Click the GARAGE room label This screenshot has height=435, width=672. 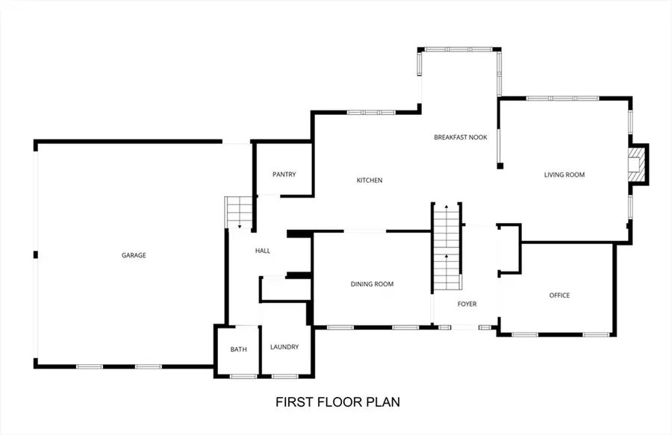[x=134, y=255]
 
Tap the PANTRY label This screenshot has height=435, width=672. [x=284, y=175]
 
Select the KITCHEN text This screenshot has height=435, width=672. [x=370, y=181]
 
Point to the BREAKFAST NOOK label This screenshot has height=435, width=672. [x=461, y=137]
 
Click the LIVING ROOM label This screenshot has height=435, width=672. [x=564, y=175]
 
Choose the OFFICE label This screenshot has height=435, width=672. [x=559, y=295]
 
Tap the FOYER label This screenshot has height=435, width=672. [x=467, y=304]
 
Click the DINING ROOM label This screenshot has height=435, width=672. [x=372, y=284]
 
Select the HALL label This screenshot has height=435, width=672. [x=262, y=251]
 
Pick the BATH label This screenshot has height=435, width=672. [x=238, y=349]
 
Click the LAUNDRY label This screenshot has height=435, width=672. [x=284, y=347]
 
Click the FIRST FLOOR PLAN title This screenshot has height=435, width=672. [x=337, y=402]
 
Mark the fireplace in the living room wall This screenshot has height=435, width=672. [x=636, y=163]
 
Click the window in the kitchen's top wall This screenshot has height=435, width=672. [x=371, y=113]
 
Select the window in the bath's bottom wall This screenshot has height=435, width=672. [x=243, y=376]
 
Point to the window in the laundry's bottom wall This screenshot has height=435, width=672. [x=284, y=376]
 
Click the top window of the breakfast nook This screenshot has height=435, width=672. [x=458, y=50]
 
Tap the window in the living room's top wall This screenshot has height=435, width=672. [x=562, y=98]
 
